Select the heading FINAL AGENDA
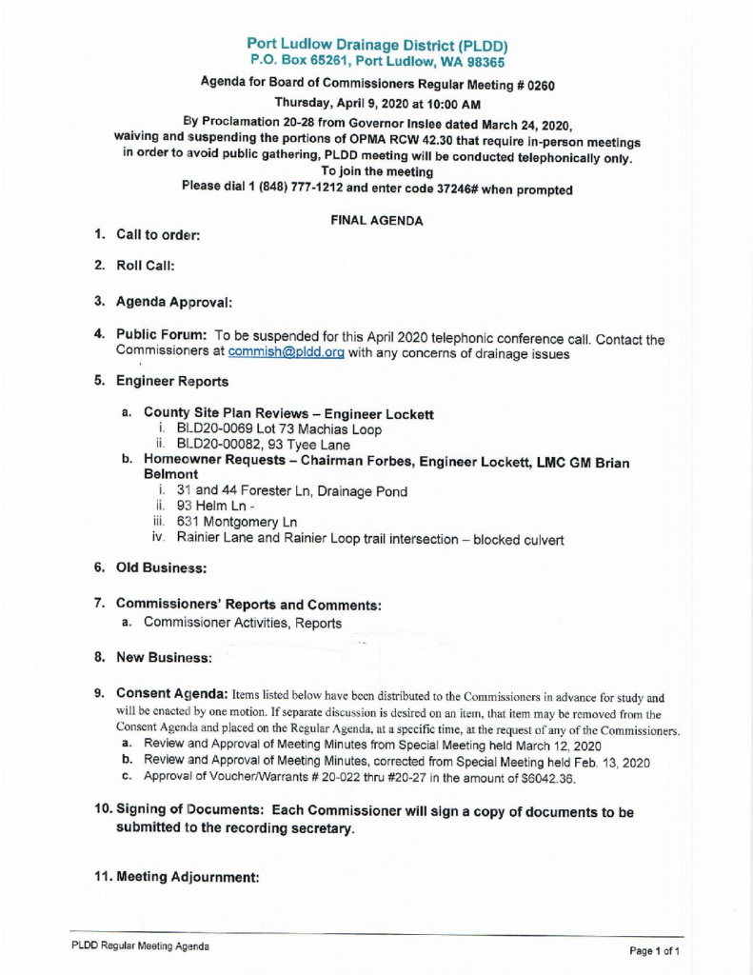376,220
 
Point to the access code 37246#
423,189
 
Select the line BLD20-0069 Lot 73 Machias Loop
266,429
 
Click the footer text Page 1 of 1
653,951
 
